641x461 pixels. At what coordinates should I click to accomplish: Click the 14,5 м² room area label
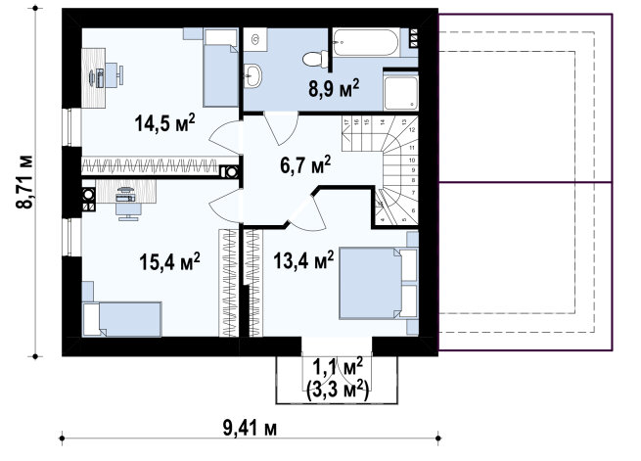pos(164,122)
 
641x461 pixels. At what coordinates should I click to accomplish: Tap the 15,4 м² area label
pos(169,261)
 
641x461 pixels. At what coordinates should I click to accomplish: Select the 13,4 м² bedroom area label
pos(303,260)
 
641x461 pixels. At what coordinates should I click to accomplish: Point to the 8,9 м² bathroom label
pos(334,89)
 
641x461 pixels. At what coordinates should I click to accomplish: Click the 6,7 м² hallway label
pos(305,164)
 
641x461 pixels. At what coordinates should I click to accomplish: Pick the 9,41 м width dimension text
pos(250,429)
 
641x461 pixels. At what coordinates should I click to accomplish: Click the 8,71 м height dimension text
pos(24,182)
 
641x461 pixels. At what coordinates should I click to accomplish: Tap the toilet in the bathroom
pos(315,59)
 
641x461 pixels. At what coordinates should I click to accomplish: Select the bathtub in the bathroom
pos(366,42)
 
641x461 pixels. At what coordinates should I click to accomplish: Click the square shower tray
pos(401,93)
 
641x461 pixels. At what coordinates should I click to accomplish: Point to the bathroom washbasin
pos(253,76)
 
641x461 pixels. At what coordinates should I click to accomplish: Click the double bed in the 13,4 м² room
pos(378,283)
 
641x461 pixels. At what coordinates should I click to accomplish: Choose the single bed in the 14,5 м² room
pos(221,68)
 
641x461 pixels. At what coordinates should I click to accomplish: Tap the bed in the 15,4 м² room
pos(121,319)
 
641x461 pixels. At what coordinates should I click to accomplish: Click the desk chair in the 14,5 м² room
pos(114,75)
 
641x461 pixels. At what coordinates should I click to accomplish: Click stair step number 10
pos(412,161)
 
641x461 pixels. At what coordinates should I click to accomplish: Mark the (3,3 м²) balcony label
pos(338,391)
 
